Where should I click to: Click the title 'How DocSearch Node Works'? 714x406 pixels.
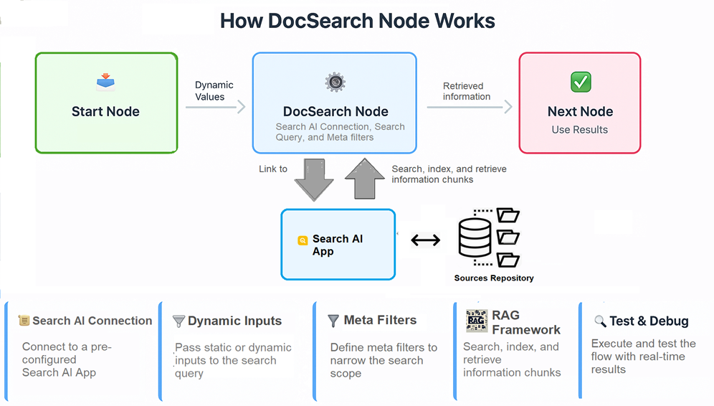tap(357, 20)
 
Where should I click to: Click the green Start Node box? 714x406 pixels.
tap(106, 103)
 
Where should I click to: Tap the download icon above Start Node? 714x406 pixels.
tap(105, 82)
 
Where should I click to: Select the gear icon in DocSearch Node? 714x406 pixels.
tap(335, 82)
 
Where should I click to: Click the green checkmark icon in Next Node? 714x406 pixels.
tap(580, 82)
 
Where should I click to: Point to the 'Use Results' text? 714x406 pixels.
tap(579, 130)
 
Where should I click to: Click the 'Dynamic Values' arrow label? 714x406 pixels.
tap(214, 90)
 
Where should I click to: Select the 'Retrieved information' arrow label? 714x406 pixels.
tap(467, 91)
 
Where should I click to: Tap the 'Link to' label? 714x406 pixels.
tap(273, 169)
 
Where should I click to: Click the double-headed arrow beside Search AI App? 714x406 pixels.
tap(425, 240)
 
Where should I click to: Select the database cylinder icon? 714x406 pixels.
tap(474, 237)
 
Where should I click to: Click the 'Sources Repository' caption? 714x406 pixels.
tap(494, 278)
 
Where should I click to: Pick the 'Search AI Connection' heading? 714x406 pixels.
tap(92, 321)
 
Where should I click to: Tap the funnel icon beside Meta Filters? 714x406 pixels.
tap(333, 321)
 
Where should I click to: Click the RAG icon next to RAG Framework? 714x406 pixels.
tap(476, 321)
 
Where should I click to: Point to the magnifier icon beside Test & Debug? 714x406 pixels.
tap(600, 321)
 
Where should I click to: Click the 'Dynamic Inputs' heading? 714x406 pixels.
tap(234, 321)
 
